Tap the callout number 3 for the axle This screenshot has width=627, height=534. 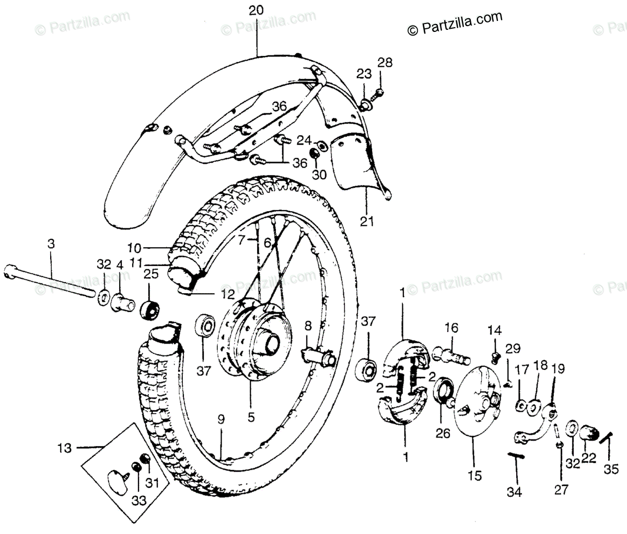(x=51, y=243)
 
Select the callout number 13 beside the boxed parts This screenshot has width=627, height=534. (x=63, y=447)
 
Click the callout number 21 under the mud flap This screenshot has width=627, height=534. (x=367, y=222)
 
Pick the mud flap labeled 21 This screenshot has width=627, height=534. (x=361, y=162)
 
